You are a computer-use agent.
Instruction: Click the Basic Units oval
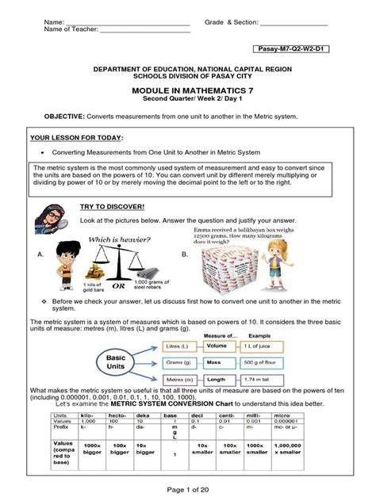[110, 361]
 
